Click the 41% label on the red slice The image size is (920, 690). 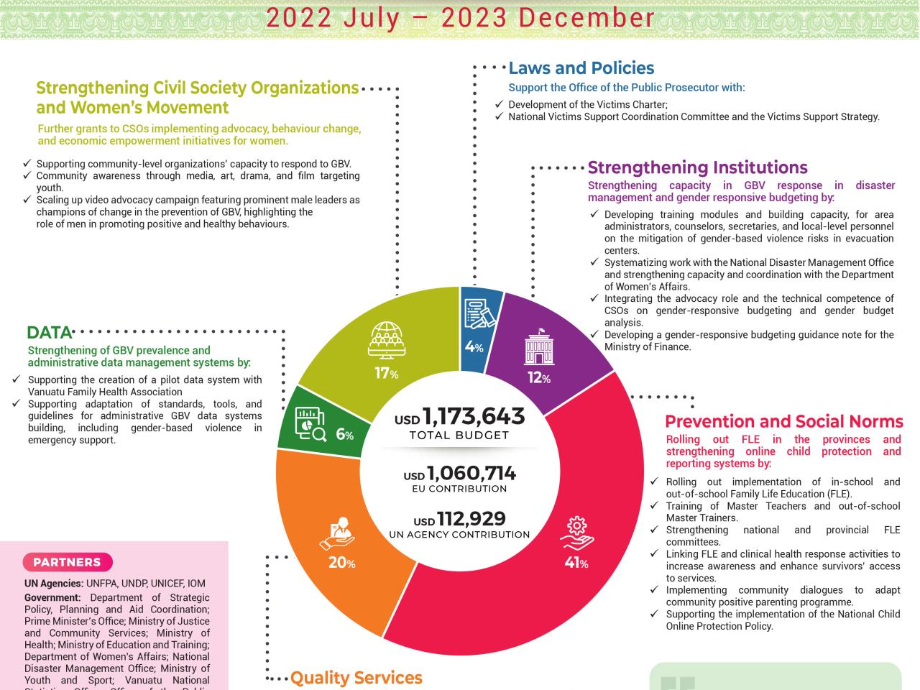pyautogui.click(x=576, y=563)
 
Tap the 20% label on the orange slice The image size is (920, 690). pyautogui.click(x=341, y=563)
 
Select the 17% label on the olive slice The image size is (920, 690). pyautogui.click(x=386, y=373)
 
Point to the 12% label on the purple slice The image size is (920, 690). pyautogui.click(x=538, y=377)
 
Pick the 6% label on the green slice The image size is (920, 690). pyautogui.click(x=345, y=434)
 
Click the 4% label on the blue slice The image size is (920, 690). pyautogui.click(x=474, y=347)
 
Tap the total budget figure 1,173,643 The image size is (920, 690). pyautogui.click(x=474, y=416)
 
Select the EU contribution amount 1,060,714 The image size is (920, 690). pyautogui.click(x=471, y=474)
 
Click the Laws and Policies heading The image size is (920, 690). pyautogui.click(x=581, y=68)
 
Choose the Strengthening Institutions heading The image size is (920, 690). pyautogui.click(x=697, y=167)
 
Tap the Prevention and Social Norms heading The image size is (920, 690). pyautogui.click(x=783, y=421)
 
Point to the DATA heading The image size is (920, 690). pyautogui.click(x=49, y=333)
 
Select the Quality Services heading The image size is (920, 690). pyautogui.click(x=356, y=678)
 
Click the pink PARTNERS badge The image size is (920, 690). pyautogui.click(x=67, y=562)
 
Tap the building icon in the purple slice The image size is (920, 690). pyautogui.click(x=539, y=348)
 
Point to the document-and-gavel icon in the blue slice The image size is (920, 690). pyautogui.click(x=478, y=314)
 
